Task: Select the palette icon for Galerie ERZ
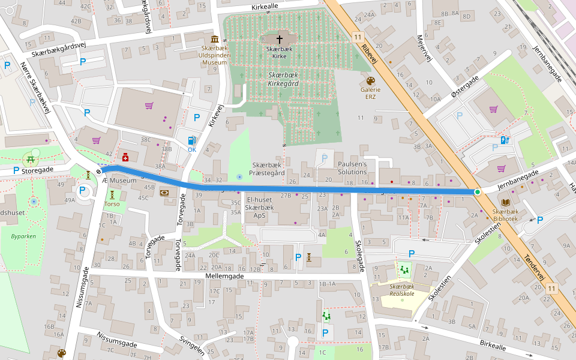tap(370, 80)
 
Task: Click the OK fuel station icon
tap(192, 140)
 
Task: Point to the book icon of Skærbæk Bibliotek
tap(505, 203)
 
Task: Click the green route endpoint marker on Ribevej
tap(477, 191)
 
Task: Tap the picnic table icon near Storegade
tap(29, 160)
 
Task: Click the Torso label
tap(112, 203)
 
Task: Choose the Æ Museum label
tap(119, 181)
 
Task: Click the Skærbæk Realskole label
tap(394, 290)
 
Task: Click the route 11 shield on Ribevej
tap(358, 37)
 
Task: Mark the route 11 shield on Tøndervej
tap(551, 289)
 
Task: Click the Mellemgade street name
tap(224, 276)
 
